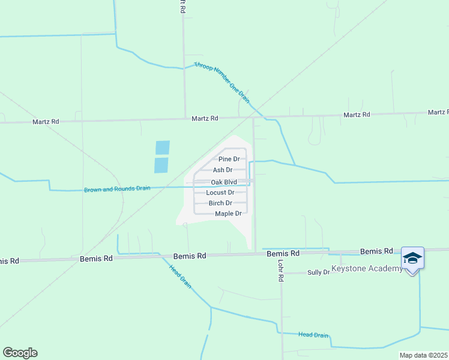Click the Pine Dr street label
tap(229, 159)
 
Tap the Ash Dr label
tap(222, 170)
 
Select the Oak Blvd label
tap(223, 182)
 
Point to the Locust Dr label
tap(220, 193)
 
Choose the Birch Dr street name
tap(220, 203)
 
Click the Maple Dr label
tap(228, 214)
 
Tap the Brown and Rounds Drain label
tap(118, 188)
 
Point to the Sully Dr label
tap(319, 272)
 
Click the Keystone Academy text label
tap(367, 268)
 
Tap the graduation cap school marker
tap(412, 259)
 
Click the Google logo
tap(20, 353)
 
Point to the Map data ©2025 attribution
tap(423, 355)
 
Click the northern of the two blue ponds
tap(163, 148)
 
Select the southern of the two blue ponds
tap(161, 165)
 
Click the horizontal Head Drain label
tap(313, 335)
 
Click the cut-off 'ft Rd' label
tap(182, 7)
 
